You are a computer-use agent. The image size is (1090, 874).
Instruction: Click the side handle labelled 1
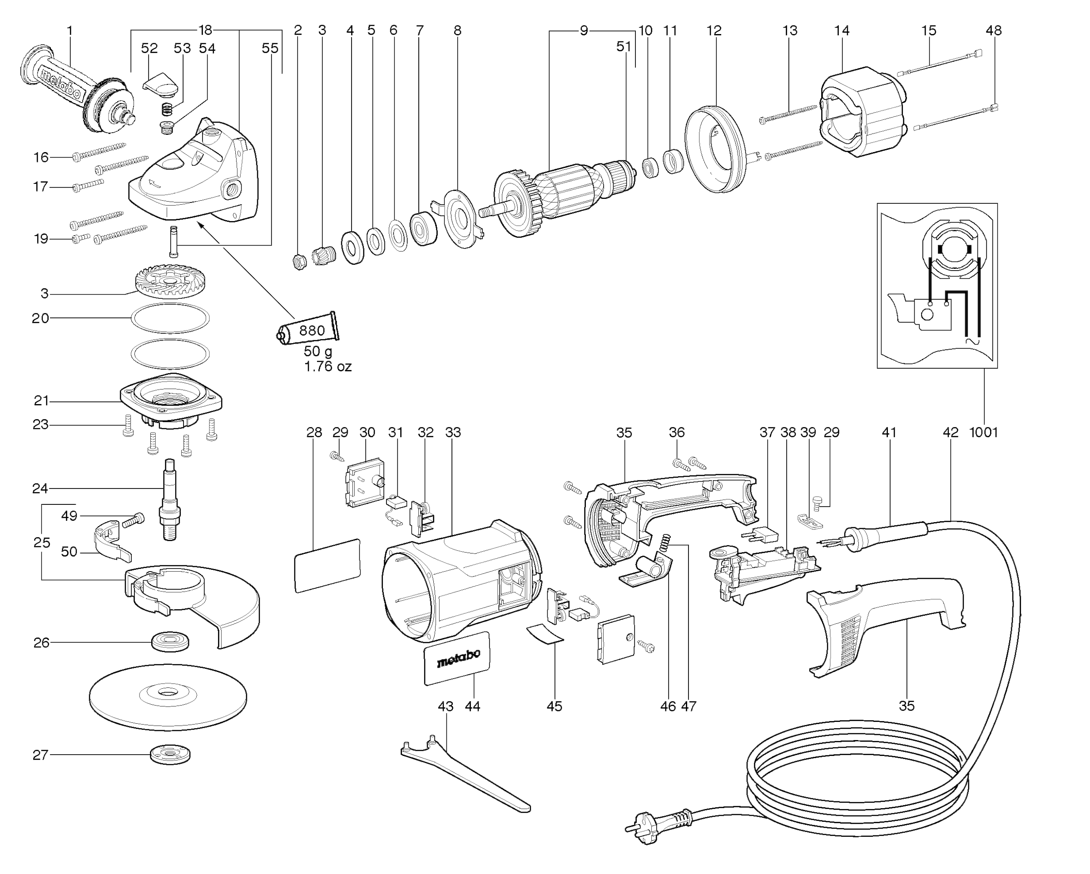pyautogui.click(x=76, y=91)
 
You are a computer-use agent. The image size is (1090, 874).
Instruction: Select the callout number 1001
pyautogui.click(x=983, y=433)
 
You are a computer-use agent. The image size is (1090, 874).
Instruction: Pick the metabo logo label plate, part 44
pyautogui.click(x=457, y=659)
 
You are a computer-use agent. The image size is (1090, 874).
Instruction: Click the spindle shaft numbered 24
pyautogui.click(x=169, y=500)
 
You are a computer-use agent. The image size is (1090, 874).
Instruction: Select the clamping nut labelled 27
pyautogui.click(x=170, y=755)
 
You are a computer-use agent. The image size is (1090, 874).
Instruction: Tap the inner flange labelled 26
pyautogui.click(x=170, y=642)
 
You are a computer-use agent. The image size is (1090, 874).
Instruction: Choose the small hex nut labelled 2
pyautogui.click(x=299, y=262)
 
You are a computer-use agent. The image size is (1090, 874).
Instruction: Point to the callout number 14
pyautogui.click(x=842, y=31)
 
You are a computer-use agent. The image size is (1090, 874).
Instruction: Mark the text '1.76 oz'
pyautogui.click(x=327, y=366)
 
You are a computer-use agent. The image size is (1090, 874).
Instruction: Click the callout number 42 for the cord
pyautogui.click(x=951, y=433)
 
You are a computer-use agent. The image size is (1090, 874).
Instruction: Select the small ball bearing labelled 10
pyautogui.click(x=650, y=168)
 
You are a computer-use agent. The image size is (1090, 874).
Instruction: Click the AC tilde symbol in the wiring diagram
pyautogui.click(x=972, y=342)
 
